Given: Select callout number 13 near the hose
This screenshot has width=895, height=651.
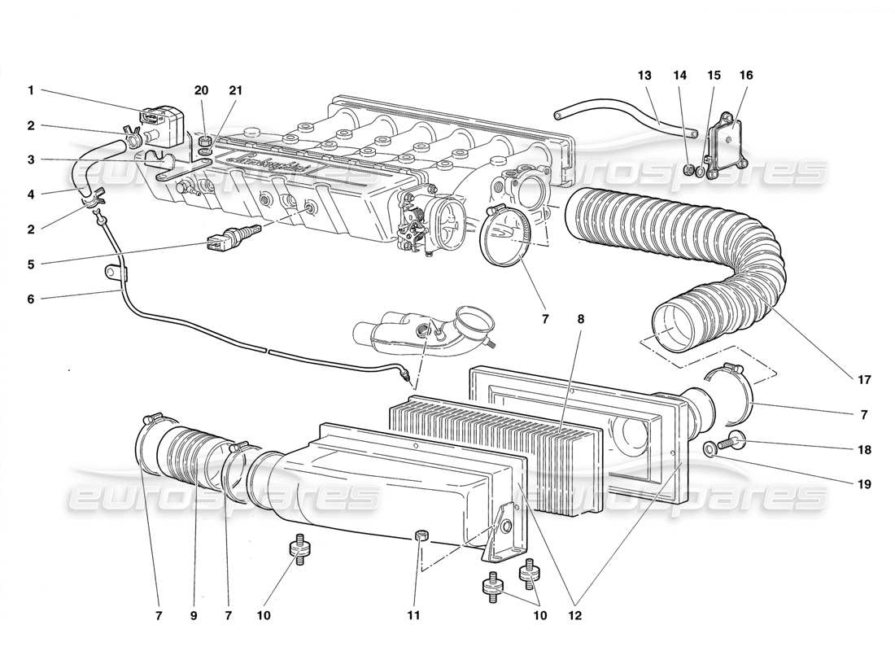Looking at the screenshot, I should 645,76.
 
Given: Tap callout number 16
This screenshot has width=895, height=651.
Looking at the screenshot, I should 745,76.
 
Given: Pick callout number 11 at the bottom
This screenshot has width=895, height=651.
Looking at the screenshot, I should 414,616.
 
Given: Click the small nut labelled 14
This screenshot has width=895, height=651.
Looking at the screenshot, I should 691,170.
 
